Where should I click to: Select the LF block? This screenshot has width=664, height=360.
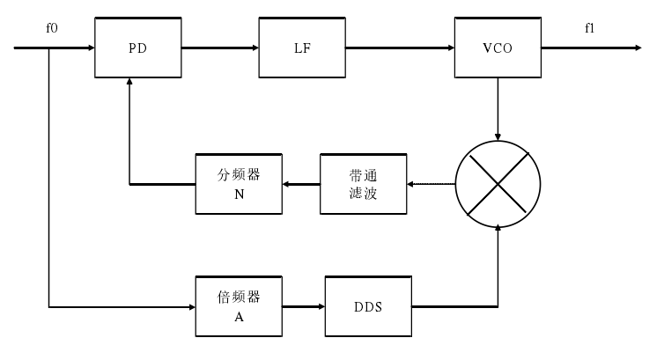(x=302, y=47)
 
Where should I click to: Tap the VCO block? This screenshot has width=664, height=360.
(x=498, y=47)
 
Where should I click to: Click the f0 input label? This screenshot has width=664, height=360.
(x=52, y=29)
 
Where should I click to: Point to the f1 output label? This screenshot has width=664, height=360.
(x=590, y=29)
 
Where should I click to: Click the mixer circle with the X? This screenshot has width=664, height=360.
(x=499, y=183)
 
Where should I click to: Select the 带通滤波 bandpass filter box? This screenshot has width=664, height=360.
(x=363, y=184)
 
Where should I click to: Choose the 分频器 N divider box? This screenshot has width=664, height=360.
(x=239, y=184)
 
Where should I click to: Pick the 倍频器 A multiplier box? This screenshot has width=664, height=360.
(x=239, y=306)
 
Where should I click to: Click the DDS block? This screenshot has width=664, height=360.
(x=368, y=306)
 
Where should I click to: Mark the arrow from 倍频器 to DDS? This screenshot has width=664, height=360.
(x=304, y=307)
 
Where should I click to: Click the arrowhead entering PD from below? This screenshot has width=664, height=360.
(x=130, y=81)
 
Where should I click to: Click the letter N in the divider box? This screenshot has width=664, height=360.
(x=239, y=195)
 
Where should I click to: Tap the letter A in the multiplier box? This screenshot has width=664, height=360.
(x=239, y=317)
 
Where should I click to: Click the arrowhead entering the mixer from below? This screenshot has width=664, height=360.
(x=499, y=229)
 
